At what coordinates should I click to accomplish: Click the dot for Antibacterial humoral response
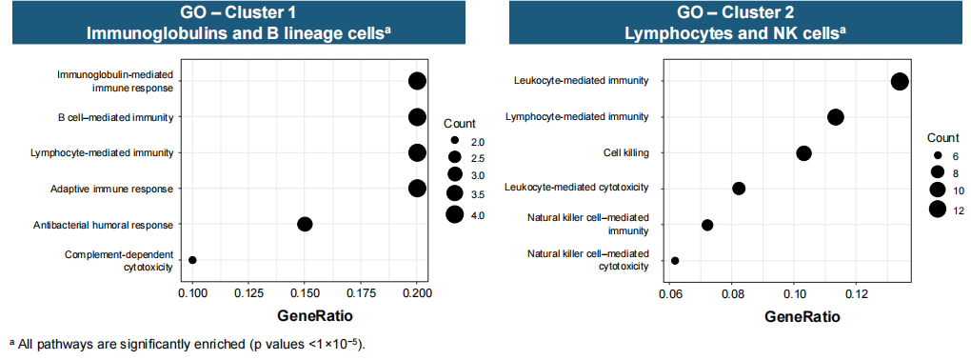(x=304, y=225)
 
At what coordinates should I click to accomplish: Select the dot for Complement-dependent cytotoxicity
(x=192, y=260)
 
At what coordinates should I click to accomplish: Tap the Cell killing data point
(x=803, y=153)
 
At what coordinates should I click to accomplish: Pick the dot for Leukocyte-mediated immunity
(x=900, y=81)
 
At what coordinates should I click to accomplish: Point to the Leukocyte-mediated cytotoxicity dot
(x=739, y=189)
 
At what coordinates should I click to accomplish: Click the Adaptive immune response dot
(x=417, y=189)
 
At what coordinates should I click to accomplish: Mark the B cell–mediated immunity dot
(x=417, y=117)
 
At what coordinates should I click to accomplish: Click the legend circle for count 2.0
(x=454, y=140)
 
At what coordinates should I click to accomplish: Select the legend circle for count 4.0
(x=454, y=215)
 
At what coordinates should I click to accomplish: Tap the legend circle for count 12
(x=938, y=210)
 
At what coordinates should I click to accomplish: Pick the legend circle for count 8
(x=938, y=172)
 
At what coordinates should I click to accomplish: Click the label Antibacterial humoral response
(x=103, y=225)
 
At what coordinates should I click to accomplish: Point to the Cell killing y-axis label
(x=626, y=152)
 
